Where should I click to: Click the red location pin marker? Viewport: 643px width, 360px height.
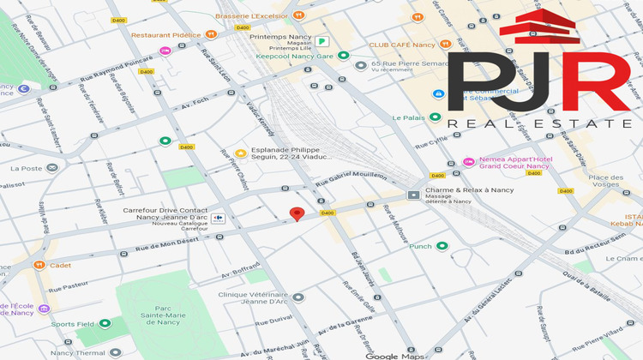(x=297, y=214)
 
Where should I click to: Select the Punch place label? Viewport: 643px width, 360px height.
(x=421, y=246)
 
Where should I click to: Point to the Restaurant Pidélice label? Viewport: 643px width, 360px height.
(x=166, y=35)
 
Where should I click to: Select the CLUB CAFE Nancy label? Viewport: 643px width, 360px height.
(x=403, y=44)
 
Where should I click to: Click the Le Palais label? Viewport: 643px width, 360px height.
(x=410, y=117)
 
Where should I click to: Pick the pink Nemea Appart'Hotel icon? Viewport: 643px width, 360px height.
(x=468, y=161)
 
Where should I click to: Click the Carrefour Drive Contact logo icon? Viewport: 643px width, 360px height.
(x=217, y=218)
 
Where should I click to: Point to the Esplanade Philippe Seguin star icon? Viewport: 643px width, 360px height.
(x=241, y=152)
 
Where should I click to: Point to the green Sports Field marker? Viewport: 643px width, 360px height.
(x=105, y=324)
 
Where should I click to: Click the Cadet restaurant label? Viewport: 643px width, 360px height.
(x=60, y=265)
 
